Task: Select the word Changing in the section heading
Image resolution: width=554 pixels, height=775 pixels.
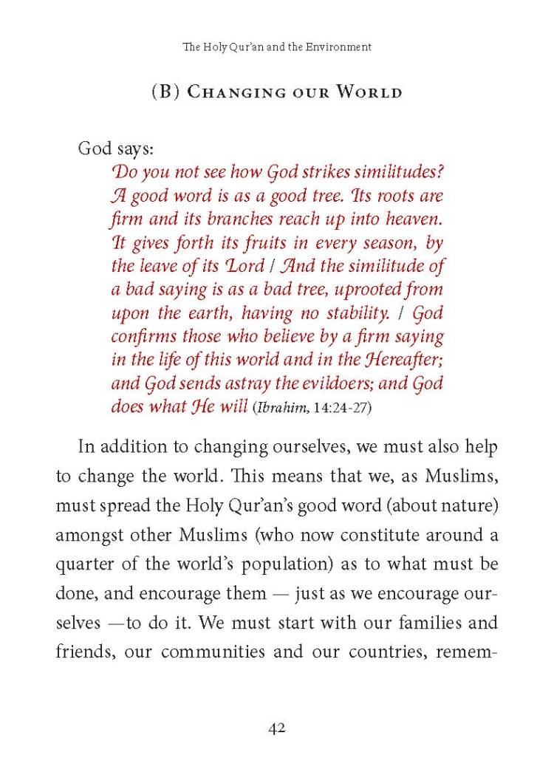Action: click(235, 93)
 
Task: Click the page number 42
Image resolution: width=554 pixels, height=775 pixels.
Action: click(277, 728)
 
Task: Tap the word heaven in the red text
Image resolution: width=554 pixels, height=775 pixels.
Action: click(411, 219)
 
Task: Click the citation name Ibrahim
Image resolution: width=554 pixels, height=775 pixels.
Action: click(278, 408)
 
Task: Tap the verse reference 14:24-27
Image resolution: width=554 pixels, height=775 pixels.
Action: click(326, 408)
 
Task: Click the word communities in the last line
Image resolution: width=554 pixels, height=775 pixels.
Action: click(213, 653)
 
